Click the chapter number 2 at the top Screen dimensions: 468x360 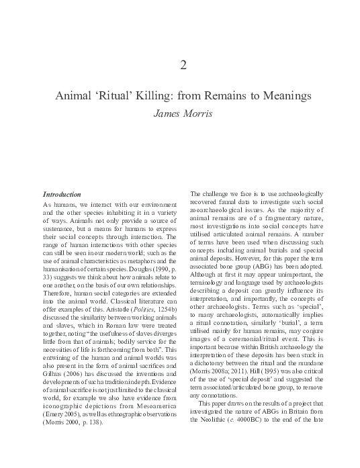(183, 65)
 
